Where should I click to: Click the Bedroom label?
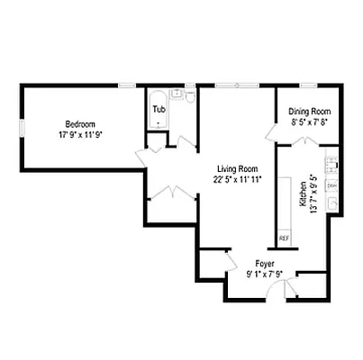click(x=80, y=124)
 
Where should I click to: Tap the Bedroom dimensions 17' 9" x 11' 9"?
click(x=80, y=135)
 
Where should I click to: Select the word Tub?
click(x=159, y=110)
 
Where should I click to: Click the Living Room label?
click(x=238, y=168)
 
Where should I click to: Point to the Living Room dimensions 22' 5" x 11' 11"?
click(x=238, y=178)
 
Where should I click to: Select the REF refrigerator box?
click(x=284, y=238)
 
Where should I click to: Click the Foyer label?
click(x=264, y=264)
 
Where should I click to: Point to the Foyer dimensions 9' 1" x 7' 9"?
click(x=264, y=274)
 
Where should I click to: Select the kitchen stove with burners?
click(x=331, y=165)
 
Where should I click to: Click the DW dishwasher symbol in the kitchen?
click(x=331, y=184)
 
